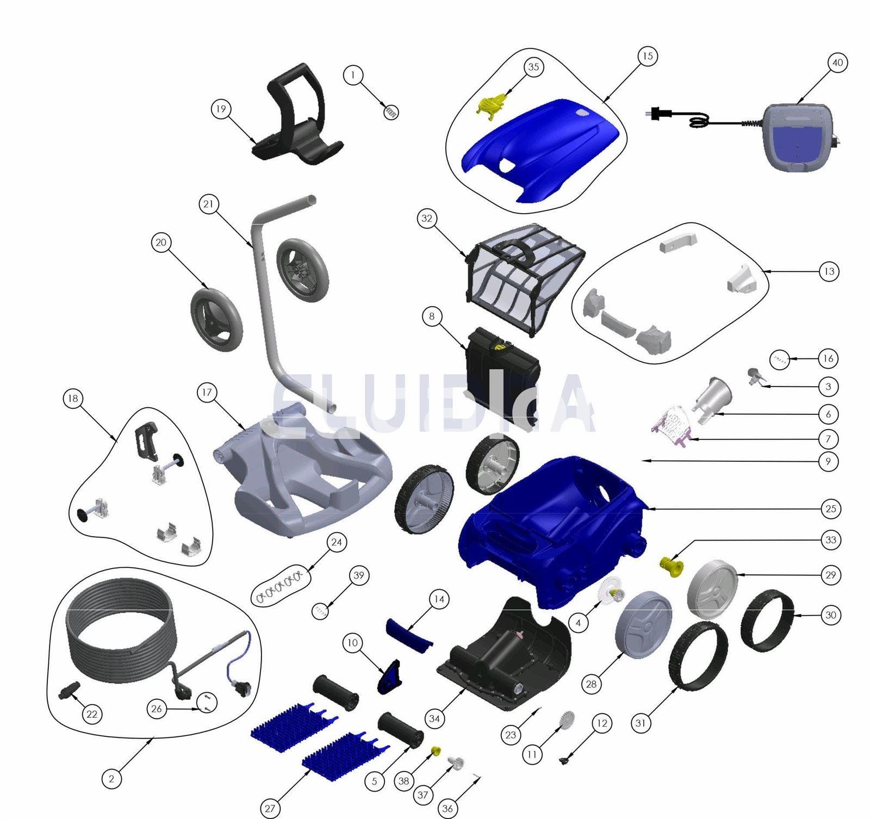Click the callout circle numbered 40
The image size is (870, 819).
(x=837, y=63)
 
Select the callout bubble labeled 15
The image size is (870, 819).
(x=647, y=56)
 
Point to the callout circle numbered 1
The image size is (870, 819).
(x=353, y=75)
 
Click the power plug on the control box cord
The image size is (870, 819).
(x=658, y=114)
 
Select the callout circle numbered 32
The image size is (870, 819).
(x=427, y=219)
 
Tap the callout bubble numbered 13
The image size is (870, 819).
(x=829, y=271)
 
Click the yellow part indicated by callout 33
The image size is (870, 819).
(x=672, y=566)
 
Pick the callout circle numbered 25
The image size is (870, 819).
(x=831, y=509)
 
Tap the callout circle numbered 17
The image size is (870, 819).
(x=207, y=392)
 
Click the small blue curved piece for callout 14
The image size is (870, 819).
(x=409, y=634)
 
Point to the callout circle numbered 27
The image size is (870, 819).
(x=270, y=808)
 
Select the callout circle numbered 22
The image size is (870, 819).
(x=92, y=714)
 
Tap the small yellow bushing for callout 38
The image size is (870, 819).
(x=436, y=751)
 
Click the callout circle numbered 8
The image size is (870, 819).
(x=432, y=317)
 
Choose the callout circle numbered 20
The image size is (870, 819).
(x=161, y=243)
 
